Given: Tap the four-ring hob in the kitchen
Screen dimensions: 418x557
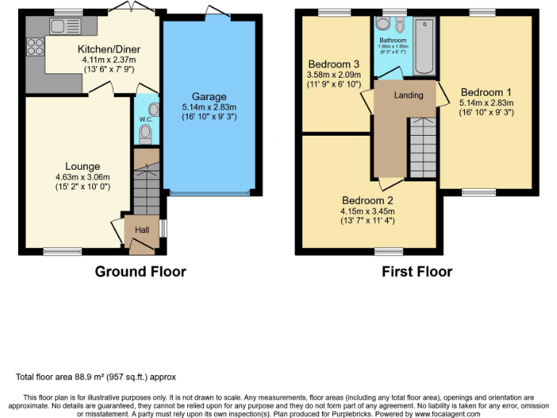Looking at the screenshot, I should (35, 46).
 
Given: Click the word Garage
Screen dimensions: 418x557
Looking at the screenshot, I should (209, 97).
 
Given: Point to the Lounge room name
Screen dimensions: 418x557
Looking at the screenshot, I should (82, 166).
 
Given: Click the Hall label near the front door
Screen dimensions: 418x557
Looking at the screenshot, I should (142, 230).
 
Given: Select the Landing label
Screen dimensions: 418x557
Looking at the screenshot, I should (408, 96).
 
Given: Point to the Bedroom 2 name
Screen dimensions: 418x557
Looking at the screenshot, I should (368, 201).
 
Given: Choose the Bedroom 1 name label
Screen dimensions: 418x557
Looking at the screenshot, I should (486, 92).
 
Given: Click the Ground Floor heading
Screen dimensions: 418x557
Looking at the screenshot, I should (140, 272).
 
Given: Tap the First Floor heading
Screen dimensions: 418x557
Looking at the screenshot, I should (417, 272).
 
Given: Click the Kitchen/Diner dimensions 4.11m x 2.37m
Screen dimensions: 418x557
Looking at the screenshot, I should (109, 60).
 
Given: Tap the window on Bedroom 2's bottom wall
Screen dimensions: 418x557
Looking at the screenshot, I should (389, 251).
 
